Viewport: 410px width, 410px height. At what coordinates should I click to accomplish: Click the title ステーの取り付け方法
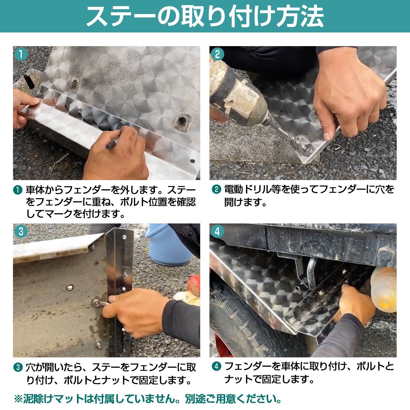(x=205, y=16)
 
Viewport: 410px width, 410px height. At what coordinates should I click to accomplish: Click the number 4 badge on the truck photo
(x=218, y=232)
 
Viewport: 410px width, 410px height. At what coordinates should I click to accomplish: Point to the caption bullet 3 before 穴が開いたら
(x=18, y=367)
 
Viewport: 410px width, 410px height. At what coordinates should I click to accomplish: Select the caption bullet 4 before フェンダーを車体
(x=216, y=367)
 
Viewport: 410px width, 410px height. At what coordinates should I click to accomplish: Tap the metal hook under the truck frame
(x=312, y=272)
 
